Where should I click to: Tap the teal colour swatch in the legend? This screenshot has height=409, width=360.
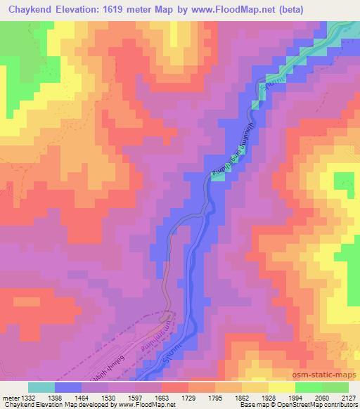[41, 387]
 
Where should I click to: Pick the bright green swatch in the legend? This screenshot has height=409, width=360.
[309, 387]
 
